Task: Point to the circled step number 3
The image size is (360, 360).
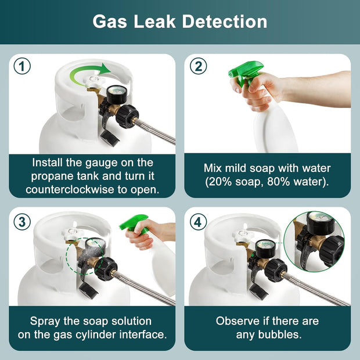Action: coord(22,221)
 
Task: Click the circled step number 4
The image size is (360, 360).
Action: coord(198,221)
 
